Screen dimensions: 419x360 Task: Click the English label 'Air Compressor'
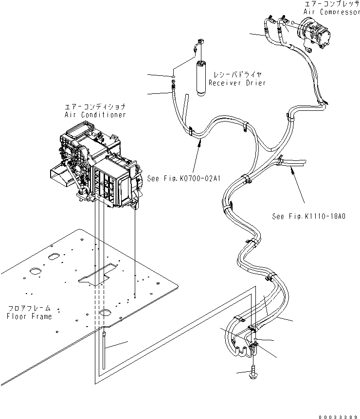click(x=332, y=12)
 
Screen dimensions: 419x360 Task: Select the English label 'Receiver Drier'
click(x=237, y=83)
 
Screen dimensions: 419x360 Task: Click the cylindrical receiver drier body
click(x=201, y=76)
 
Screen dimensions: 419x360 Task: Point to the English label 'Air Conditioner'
click(x=95, y=115)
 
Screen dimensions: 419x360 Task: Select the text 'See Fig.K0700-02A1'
click(x=183, y=178)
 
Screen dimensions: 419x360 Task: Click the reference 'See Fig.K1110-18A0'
click(x=308, y=216)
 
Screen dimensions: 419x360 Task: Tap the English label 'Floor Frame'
click(x=29, y=316)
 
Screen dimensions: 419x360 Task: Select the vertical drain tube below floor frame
click(x=105, y=345)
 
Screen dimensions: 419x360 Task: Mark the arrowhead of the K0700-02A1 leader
click(x=199, y=140)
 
